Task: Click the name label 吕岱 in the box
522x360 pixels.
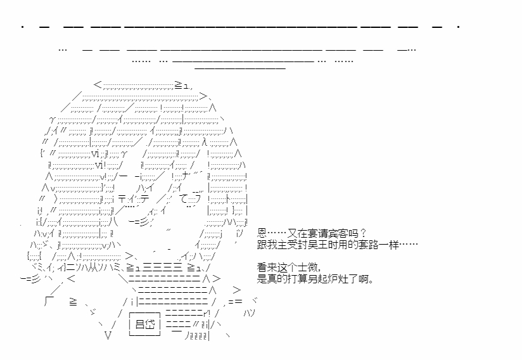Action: coord(145,324)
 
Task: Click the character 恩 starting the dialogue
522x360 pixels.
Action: coord(262,233)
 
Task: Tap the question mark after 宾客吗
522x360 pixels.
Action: coord(363,233)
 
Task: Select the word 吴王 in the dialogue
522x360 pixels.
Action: coord(318,245)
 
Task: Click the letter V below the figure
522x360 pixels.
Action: coord(107,335)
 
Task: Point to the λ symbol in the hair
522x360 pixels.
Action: coord(205,142)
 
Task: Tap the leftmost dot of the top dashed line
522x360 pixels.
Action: coord(22,27)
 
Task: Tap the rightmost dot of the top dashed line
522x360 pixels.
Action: coord(459,27)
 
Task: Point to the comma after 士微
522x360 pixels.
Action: coord(319,270)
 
